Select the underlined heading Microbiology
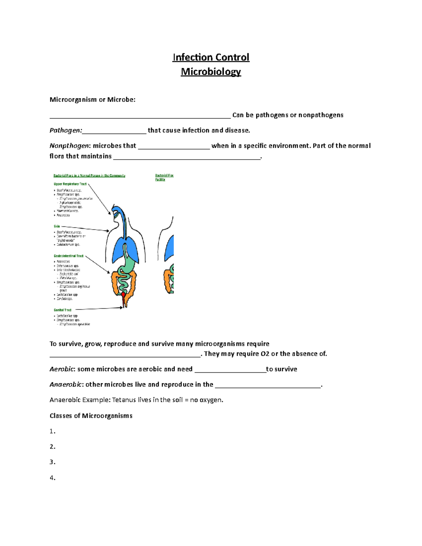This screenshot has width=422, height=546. click(211, 72)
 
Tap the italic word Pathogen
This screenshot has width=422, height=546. click(65, 130)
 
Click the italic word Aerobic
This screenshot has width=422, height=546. click(62, 369)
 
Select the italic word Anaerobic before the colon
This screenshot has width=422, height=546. click(66, 385)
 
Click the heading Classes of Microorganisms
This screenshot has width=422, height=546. click(91, 416)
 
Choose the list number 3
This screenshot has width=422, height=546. click(52, 462)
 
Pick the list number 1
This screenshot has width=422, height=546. click(52, 431)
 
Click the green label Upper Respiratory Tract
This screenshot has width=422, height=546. click(70, 184)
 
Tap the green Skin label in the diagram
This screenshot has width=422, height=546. click(57, 226)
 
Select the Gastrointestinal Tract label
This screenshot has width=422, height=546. click(69, 256)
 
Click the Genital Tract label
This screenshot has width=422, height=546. click(63, 310)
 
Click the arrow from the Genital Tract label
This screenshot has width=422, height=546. click(98, 309)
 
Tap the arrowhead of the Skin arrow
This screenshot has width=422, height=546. click(108, 231)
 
